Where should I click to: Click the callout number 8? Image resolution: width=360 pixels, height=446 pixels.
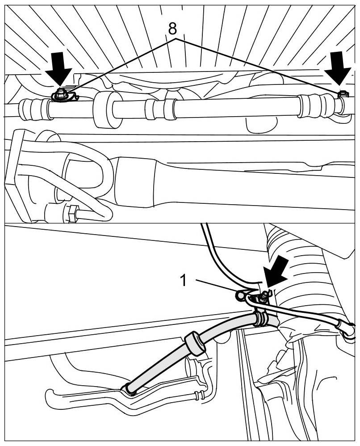tap(172, 29)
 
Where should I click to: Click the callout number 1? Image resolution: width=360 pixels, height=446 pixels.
tap(184, 280)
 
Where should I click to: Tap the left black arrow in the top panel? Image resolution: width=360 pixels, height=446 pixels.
tap(59, 68)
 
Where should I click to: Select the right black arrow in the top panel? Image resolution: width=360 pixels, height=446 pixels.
tap(338, 68)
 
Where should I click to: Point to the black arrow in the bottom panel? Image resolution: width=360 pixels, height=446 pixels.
tap(275, 271)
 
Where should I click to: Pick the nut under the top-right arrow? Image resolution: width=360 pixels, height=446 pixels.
tap(343, 94)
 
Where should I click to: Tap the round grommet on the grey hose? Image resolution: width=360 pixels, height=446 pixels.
tap(195, 343)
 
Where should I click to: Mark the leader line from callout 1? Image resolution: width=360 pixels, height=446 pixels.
tap(217, 286)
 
